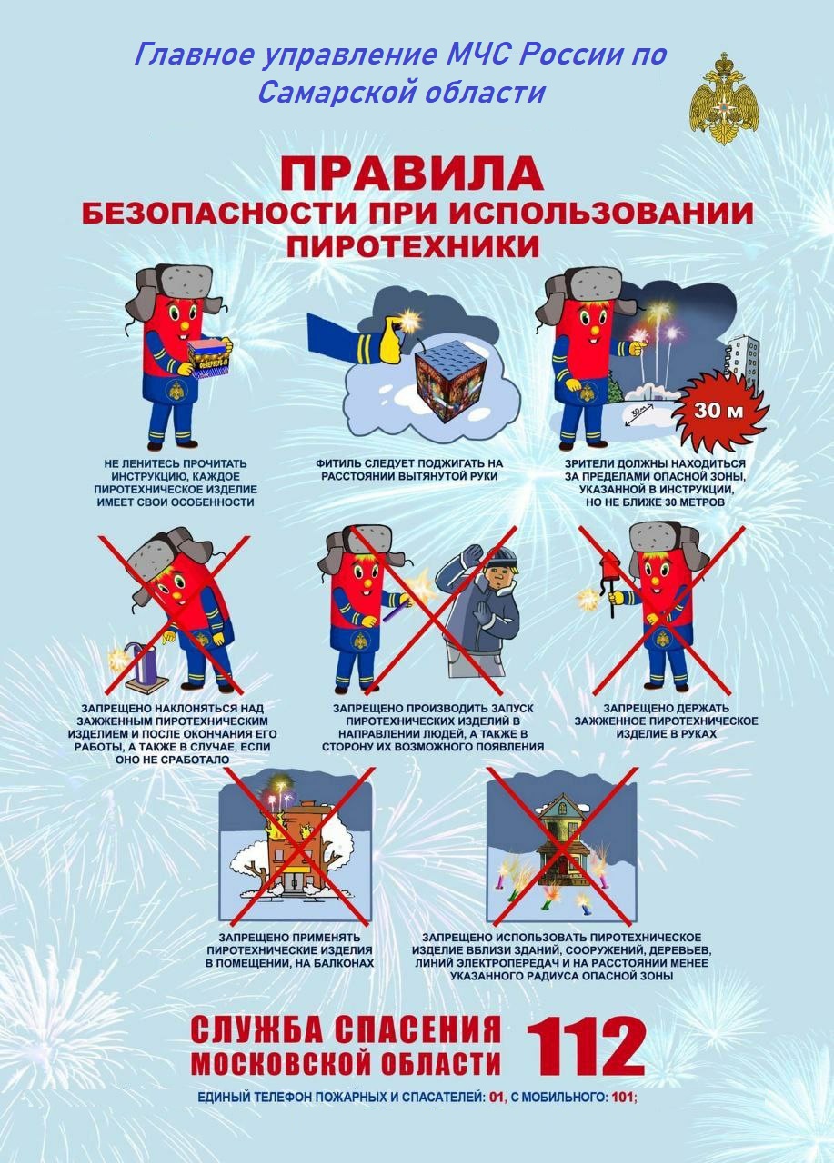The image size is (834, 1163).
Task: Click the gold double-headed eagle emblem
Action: [723, 99]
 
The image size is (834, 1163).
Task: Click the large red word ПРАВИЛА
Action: [412, 174]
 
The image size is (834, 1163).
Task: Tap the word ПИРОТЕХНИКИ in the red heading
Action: [413, 247]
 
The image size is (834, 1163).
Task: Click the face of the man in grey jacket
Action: [499, 578]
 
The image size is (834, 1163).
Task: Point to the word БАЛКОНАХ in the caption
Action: [345, 962]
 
